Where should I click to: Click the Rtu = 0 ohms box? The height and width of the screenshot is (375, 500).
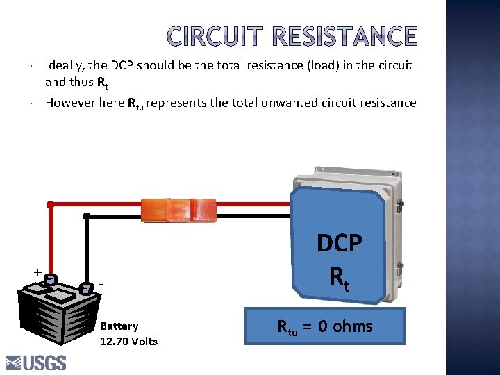[325, 326]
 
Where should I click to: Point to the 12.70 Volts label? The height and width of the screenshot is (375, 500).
[128, 341]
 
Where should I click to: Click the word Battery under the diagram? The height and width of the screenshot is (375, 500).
[119, 326]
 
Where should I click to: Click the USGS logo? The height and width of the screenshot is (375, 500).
[36, 362]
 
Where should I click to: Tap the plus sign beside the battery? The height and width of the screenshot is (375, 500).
[37, 272]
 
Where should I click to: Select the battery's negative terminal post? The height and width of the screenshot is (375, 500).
[85, 287]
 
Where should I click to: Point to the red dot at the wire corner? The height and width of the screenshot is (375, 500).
[50, 205]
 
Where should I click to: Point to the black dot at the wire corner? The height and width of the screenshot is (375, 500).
[86, 216]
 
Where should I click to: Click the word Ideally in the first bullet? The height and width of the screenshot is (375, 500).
[65, 65]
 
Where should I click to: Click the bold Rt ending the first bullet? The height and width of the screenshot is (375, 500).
[101, 82]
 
